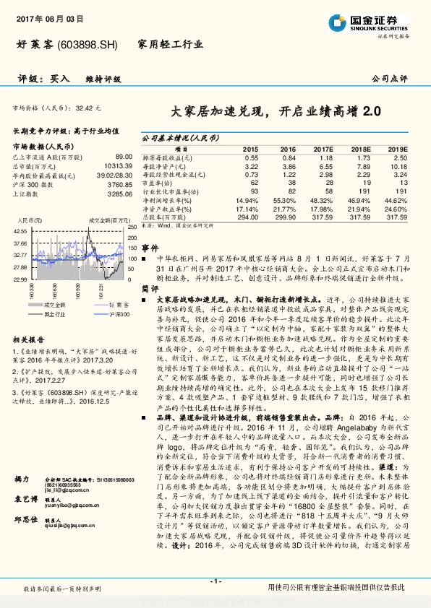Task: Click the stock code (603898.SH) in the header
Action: [85, 45]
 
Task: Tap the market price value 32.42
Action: [88, 107]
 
